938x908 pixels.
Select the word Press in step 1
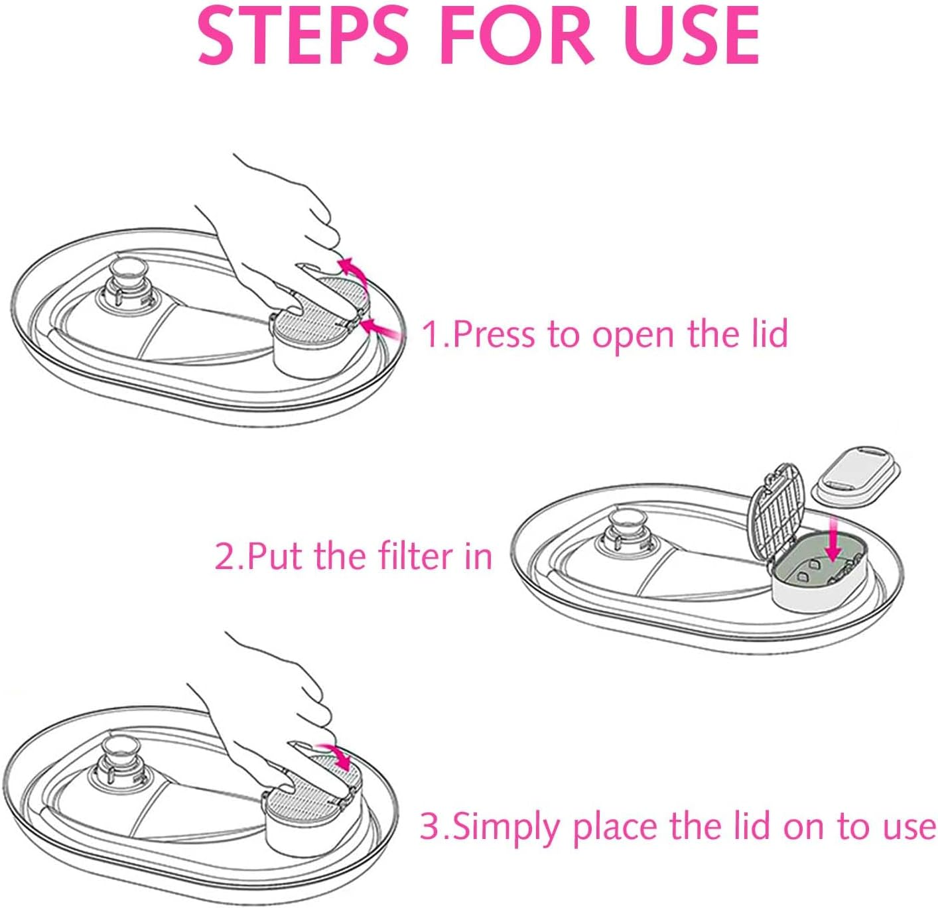[494, 334]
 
